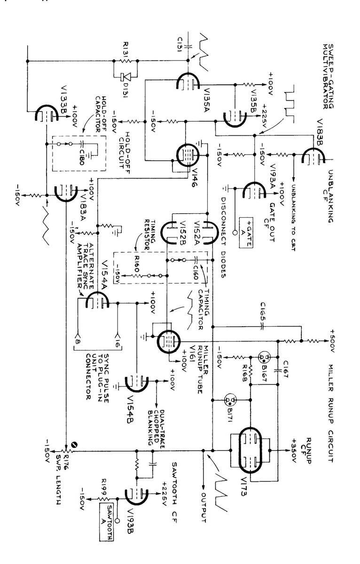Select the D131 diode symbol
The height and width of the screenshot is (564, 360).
click(x=123, y=76)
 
